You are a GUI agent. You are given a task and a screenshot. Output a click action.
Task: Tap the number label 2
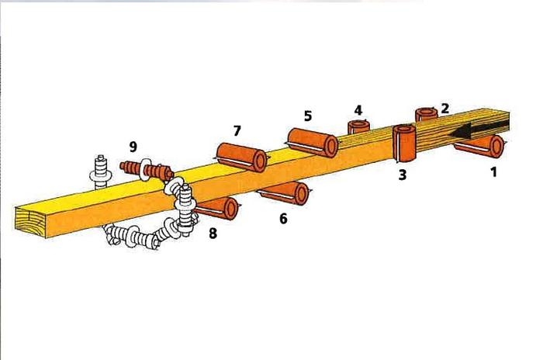click(444, 108)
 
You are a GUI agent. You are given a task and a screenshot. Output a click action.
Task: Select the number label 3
click(402, 175)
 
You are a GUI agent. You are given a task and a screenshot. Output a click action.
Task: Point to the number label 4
click(358, 109)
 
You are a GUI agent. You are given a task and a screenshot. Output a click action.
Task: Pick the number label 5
click(307, 116)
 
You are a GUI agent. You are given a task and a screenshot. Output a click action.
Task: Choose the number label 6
click(283, 220)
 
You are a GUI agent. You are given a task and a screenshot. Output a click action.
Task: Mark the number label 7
click(237, 128)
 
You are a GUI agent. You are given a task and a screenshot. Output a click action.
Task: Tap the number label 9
click(133, 146)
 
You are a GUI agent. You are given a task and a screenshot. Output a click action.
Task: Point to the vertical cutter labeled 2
click(426, 114)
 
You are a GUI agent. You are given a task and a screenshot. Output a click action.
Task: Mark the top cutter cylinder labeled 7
click(241, 157)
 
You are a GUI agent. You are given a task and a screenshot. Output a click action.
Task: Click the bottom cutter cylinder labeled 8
click(217, 208)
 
